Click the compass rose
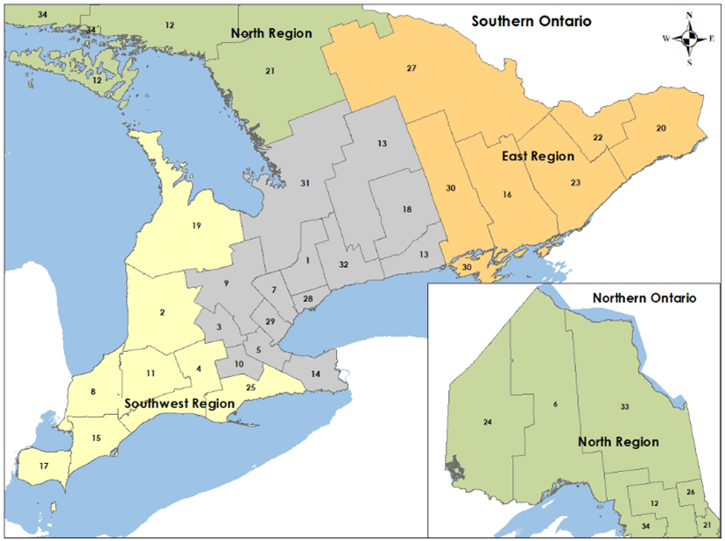click(690, 38)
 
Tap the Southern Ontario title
click(531, 20)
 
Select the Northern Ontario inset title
click(644, 298)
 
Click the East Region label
click(538, 157)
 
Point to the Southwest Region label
click(179, 404)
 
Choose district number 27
click(411, 68)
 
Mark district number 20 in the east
click(660, 129)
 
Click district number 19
click(196, 226)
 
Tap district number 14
click(315, 373)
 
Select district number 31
click(305, 183)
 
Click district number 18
click(407, 209)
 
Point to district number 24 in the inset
click(487, 422)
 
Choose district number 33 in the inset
click(624, 407)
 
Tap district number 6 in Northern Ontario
click(555, 404)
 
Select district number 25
click(250, 387)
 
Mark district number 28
click(307, 299)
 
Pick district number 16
click(506, 194)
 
